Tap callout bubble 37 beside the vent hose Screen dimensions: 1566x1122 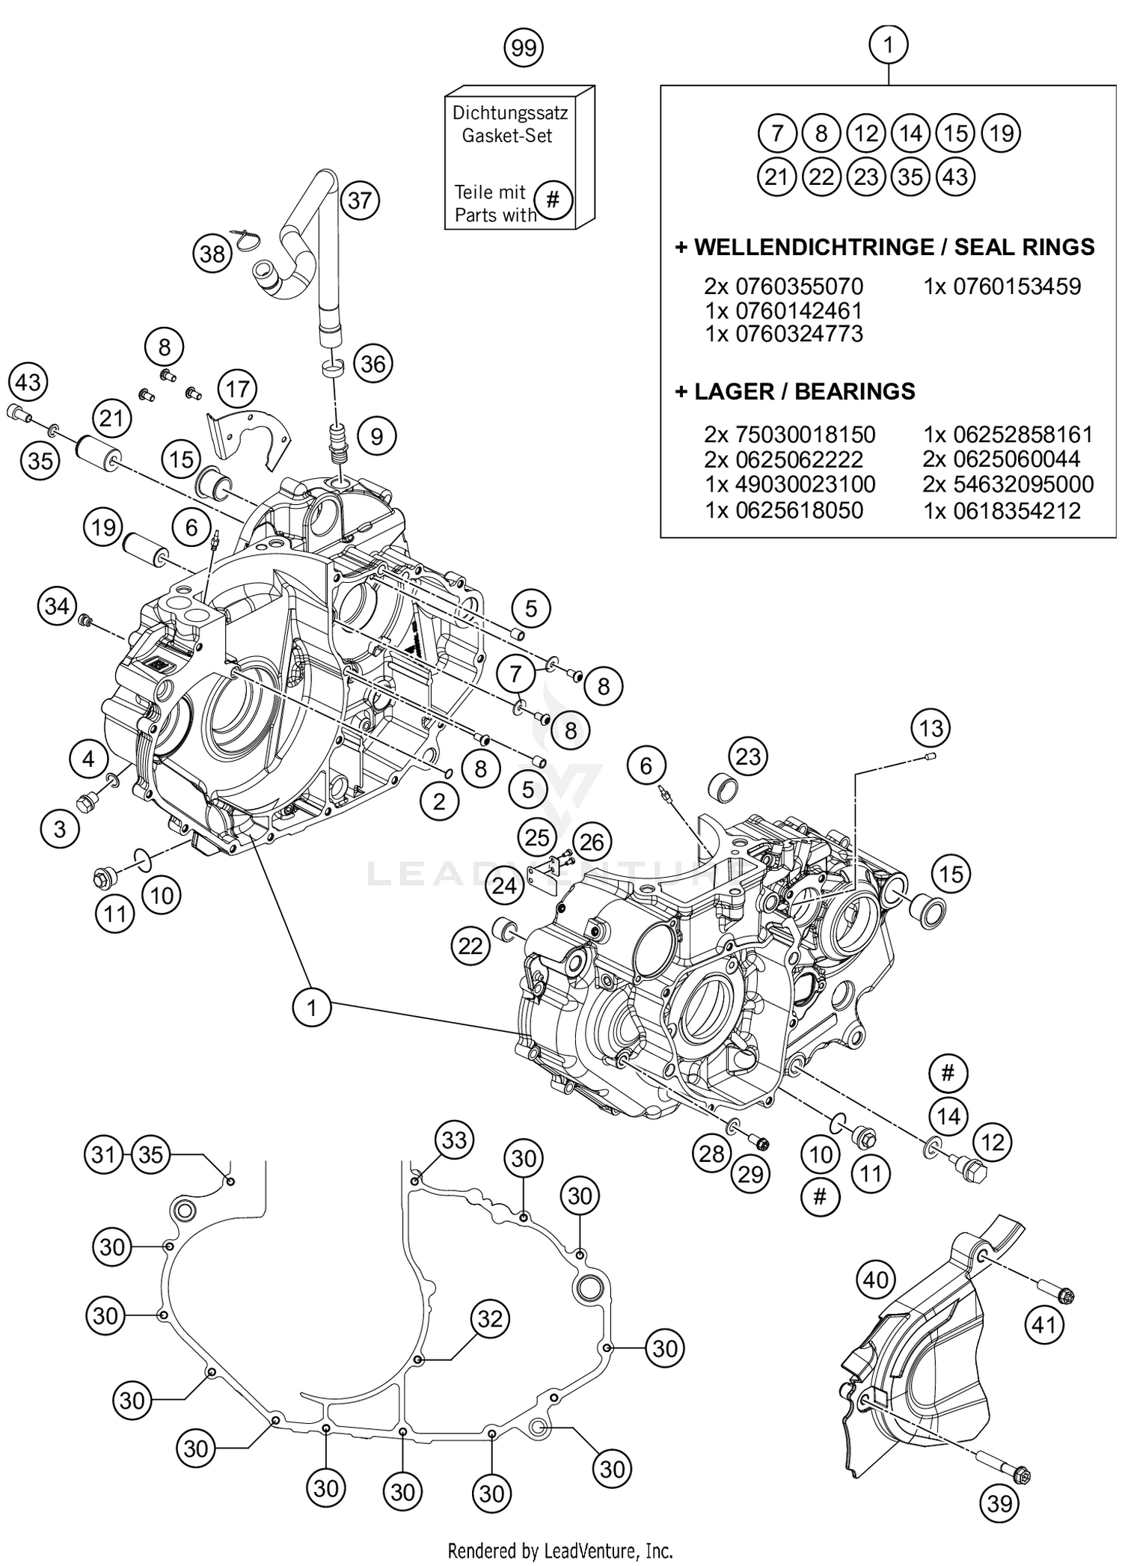tap(360, 201)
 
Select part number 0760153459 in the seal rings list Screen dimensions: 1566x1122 tap(1002, 287)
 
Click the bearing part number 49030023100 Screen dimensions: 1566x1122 tap(790, 484)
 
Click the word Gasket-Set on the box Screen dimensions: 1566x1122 tap(506, 136)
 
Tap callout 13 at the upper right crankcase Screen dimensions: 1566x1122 tap(931, 728)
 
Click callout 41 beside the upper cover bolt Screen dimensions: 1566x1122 tap(1044, 1325)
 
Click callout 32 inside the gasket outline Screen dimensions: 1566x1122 tap(490, 1318)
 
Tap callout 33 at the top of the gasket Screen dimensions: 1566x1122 tap(454, 1140)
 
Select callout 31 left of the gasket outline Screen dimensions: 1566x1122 tap(103, 1154)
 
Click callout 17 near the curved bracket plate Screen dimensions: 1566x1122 tap(237, 390)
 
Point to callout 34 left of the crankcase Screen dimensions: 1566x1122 tap(57, 605)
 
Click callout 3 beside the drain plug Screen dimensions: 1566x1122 tap(59, 828)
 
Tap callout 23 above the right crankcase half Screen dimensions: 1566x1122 tap(748, 756)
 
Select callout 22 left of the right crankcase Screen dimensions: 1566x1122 tap(470, 947)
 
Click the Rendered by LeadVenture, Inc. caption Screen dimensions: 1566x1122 tap(560, 1551)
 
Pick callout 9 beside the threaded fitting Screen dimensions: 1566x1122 tap(376, 436)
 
